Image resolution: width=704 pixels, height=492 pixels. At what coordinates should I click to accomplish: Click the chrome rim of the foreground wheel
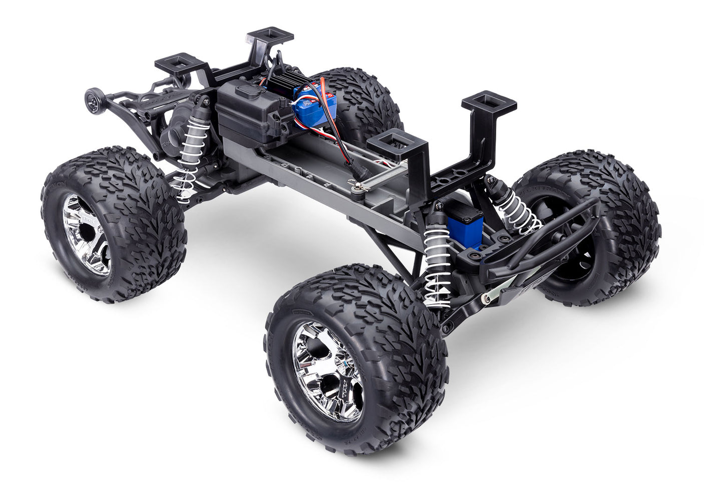point(328,370)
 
